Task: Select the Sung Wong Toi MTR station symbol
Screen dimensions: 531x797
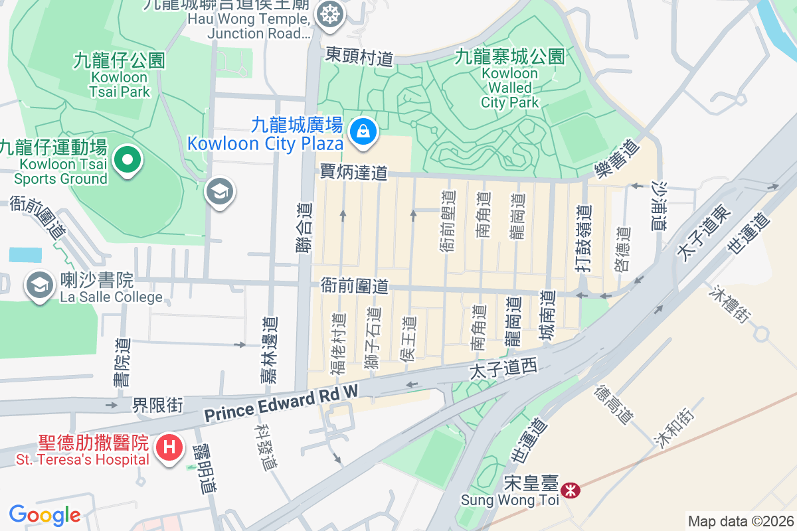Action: click(x=569, y=491)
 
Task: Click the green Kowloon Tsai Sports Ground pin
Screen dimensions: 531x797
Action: click(x=127, y=159)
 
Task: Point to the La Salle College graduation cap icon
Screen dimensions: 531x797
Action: click(x=39, y=285)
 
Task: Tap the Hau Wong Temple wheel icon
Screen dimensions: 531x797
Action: click(x=328, y=13)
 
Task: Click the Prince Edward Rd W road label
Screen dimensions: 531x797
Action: click(x=281, y=403)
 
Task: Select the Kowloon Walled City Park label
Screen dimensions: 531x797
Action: click(x=510, y=79)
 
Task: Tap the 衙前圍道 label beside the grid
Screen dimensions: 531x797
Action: click(x=354, y=286)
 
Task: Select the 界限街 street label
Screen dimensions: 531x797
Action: click(x=157, y=404)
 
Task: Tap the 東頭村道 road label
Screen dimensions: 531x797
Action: click(x=359, y=56)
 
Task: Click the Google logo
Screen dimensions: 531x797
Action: click(x=44, y=515)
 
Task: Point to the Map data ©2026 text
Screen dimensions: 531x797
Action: click(x=741, y=521)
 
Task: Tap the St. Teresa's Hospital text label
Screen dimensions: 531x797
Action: click(x=74, y=459)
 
